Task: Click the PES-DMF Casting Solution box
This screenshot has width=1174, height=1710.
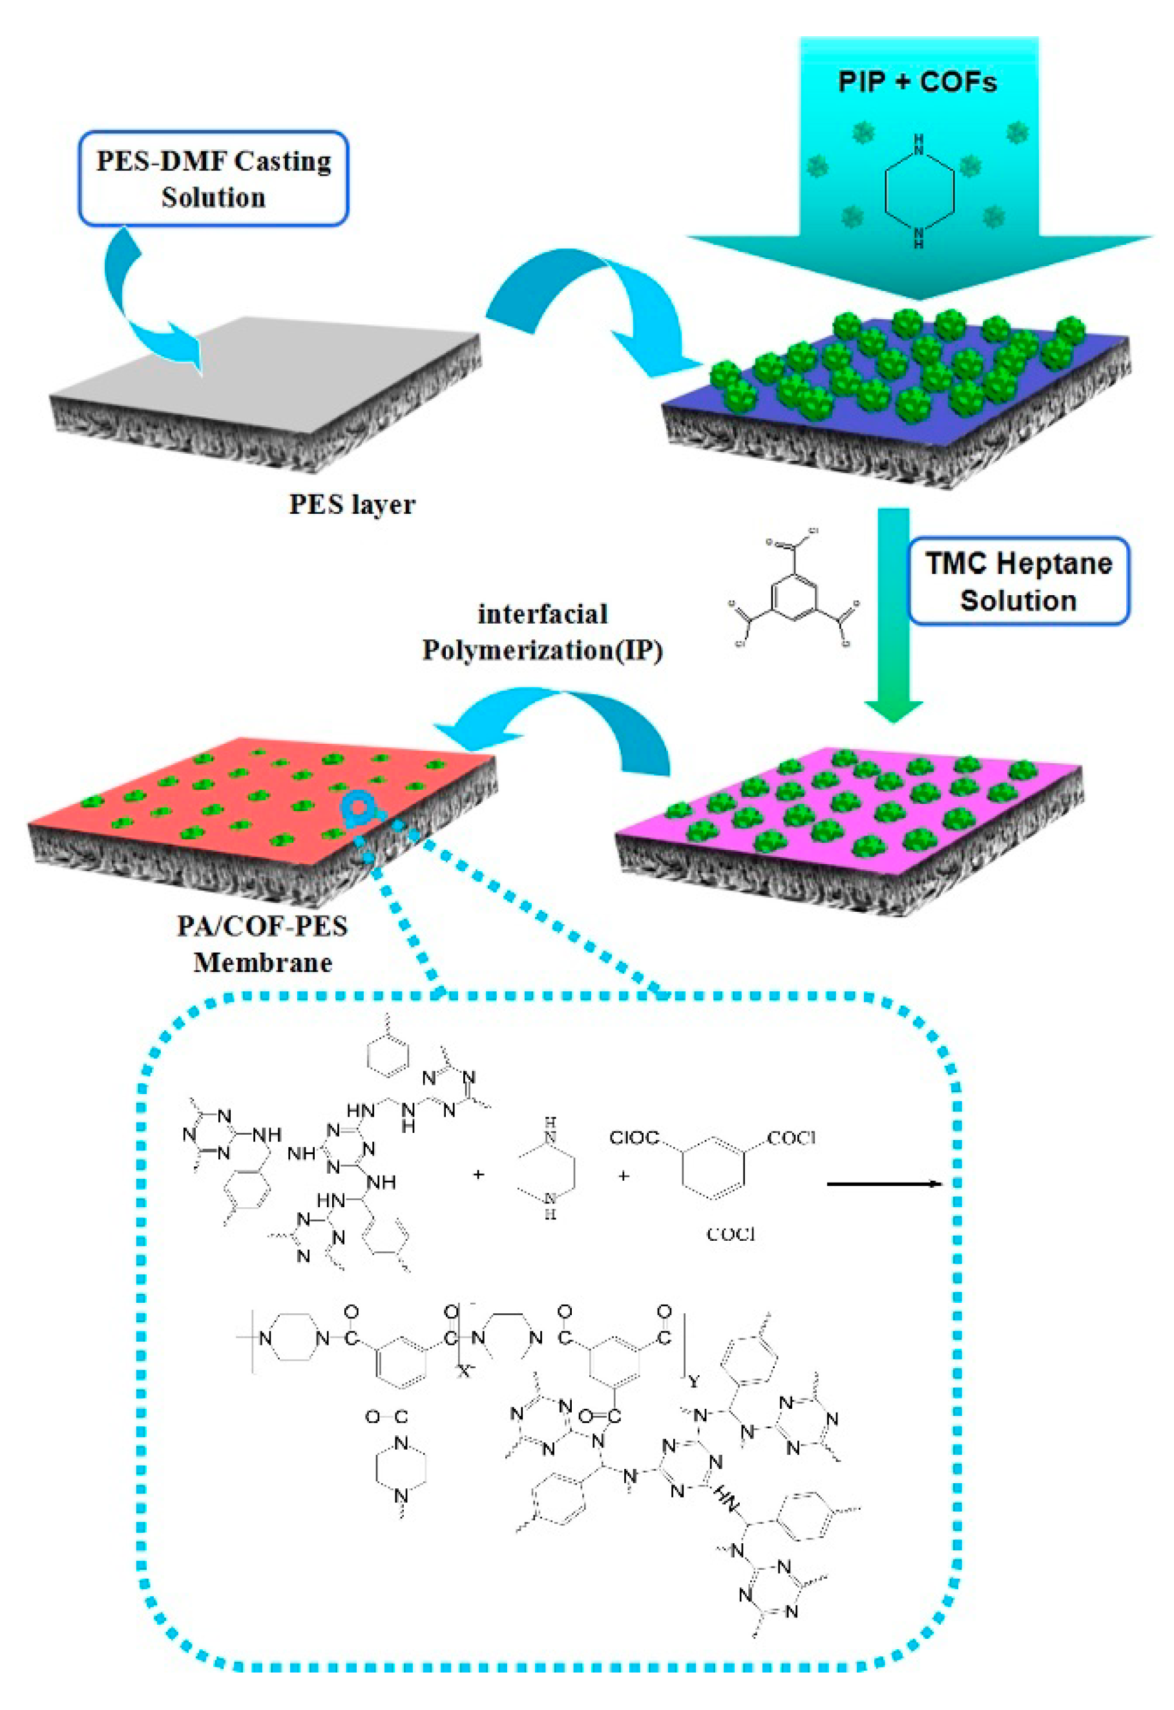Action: pyautogui.click(x=213, y=178)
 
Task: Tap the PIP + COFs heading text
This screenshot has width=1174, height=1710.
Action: pyautogui.click(x=917, y=81)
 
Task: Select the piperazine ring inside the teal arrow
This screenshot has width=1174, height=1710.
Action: pyautogui.click(x=919, y=191)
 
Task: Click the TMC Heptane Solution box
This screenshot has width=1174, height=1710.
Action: pyautogui.click(x=1019, y=581)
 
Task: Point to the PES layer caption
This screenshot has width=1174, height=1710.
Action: pyautogui.click(x=351, y=505)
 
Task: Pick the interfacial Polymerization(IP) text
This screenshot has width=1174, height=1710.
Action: pyautogui.click(x=543, y=632)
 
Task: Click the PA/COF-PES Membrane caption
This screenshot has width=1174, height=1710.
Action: pyautogui.click(x=262, y=944)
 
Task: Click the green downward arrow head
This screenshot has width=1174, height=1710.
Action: pyautogui.click(x=893, y=710)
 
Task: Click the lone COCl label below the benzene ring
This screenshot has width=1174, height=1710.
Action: pyautogui.click(x=731, y=1234)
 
